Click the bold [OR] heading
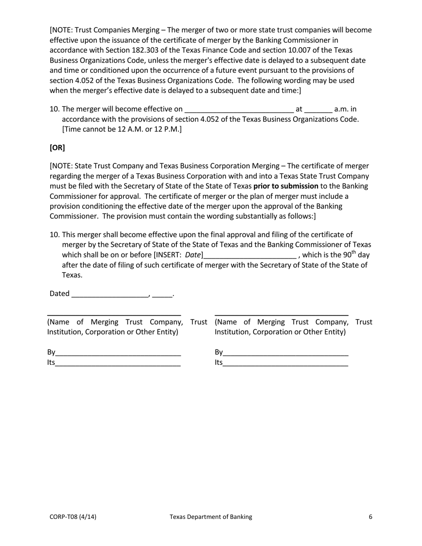click(57, 147)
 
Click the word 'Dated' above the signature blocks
click(60, 293)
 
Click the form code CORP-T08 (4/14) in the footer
click(73, 517)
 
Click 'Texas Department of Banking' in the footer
click(211, 517)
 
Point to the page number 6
click(370, 517)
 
